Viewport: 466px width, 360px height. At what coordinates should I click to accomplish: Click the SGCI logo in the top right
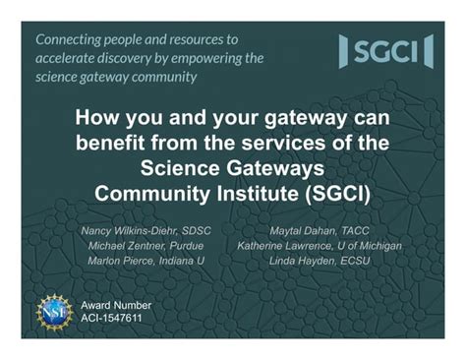point(385,51)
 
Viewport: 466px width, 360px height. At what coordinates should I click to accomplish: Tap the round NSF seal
point(55,310)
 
